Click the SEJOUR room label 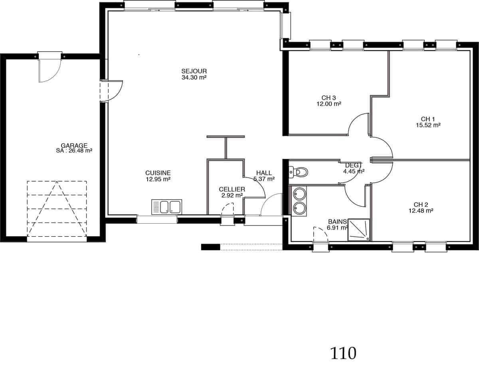coord(194,71)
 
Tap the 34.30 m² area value coord(194,77)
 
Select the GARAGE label coord(74,146)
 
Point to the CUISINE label coord(158,173)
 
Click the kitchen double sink coord(166,207)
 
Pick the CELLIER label coord(232,189)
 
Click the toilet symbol coord(298,172)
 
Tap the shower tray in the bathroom coord(358,230)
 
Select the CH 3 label coord(329,98)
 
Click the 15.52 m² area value coord(428,125)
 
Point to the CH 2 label coord(421,204)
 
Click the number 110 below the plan coord(343,354)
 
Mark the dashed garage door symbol coord(57,209)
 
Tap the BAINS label coord(337,222)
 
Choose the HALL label coord(264,173)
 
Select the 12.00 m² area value coord(329,104)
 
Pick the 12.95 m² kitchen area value coord(158,179)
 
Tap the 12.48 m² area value coord(421,210)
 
